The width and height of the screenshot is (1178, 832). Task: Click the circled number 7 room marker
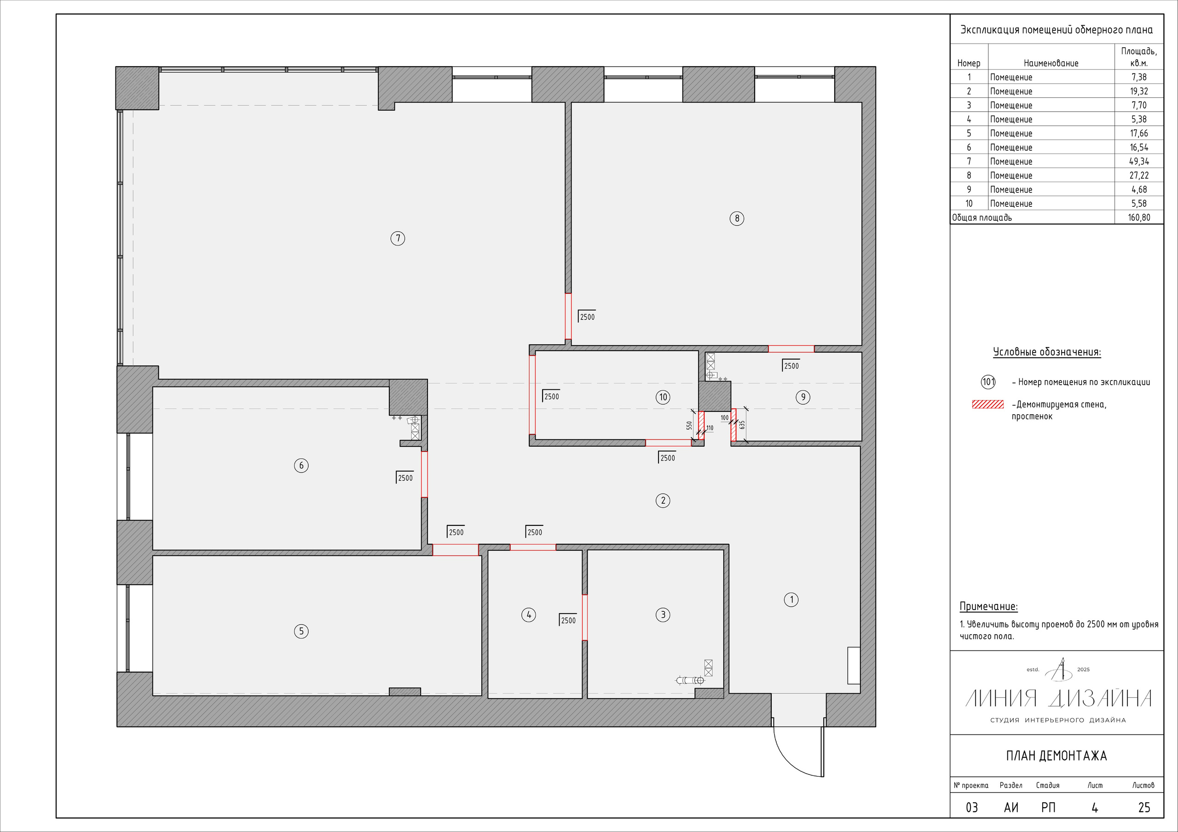tap(398, 239)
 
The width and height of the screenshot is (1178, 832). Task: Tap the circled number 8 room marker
tap(737, 218)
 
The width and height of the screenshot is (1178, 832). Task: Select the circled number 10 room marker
tap(663, 397)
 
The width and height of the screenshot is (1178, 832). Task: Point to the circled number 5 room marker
tap(301, 631)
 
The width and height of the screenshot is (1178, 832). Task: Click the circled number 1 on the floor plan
tap(791, 599)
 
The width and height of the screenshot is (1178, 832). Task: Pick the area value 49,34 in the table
tap(1139, 161)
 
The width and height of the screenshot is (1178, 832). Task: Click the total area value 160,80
tap(1139, 217)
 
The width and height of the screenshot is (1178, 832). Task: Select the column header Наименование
tap(1051, 63)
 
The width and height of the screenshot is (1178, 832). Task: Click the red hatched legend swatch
tap(987, 405)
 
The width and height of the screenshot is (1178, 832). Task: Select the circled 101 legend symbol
tap(988, 382)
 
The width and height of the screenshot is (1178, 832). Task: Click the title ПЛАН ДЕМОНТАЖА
tap(1057, 756)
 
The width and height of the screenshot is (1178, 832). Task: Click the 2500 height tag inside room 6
tap(404, 478)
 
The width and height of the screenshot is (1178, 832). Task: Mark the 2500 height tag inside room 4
tap(567, 620)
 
